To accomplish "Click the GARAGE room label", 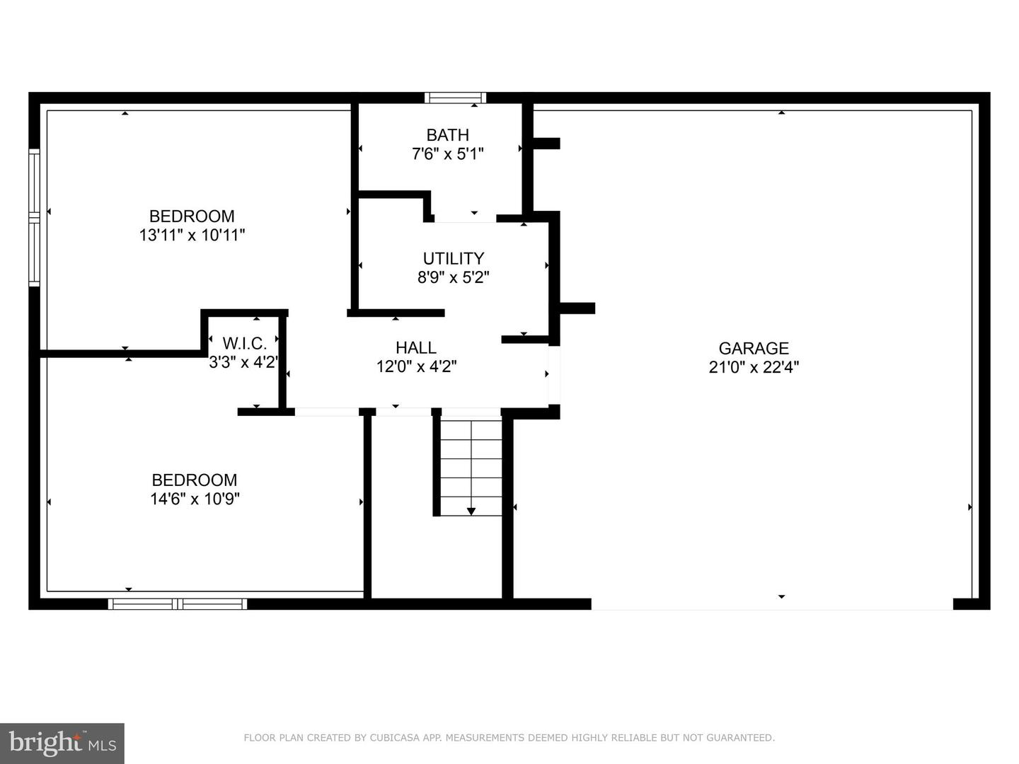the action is [754, 348].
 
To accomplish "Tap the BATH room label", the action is [447, 135].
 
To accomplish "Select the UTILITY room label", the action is [454, 258].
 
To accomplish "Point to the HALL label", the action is [416, 347].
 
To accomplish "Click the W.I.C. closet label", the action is [245, 343].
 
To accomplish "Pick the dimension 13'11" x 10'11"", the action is [192, 235].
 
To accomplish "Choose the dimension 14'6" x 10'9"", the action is [195, 499].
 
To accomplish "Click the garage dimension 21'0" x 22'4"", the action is [754, 367].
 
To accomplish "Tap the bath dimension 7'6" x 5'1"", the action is [447, 154].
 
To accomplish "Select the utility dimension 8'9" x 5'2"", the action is [454, 277].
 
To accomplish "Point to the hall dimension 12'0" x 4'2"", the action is [416, 367].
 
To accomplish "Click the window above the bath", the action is [456, 98].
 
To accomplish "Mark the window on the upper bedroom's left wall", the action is [35, 217].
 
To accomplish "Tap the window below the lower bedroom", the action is [178, 603].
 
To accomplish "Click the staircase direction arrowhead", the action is [471, 511].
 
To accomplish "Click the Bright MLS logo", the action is [62, 743].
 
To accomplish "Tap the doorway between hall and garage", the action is [554, 375].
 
